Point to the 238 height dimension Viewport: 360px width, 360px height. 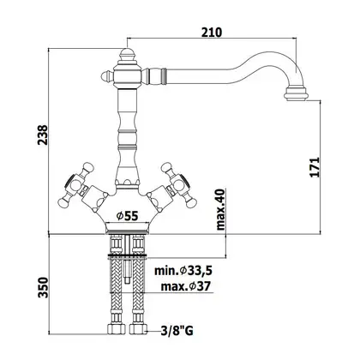(x=43, y=135)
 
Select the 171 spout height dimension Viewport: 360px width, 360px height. (x=315, y=167)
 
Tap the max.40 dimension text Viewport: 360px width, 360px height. (x=220, y=209)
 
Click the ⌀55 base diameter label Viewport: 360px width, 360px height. (x=127, y=216)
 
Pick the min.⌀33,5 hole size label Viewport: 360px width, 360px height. (x=183, y=271)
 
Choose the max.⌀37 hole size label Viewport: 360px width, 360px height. (x=186, y=286)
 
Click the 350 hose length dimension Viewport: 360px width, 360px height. (x=43, y=287)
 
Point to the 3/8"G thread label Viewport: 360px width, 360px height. (x=177, y=331)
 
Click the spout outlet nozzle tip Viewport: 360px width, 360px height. (x=297, y=94)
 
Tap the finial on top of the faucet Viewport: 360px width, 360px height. (x=127, y=55)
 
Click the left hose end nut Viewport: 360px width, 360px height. (x=117, y=329)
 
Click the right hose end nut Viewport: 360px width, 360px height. (x=138, y=329)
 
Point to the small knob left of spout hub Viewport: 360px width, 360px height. (x=107, y=76)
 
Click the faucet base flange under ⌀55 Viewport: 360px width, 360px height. (x=127, y=227)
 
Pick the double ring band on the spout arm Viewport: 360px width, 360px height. (x=163, y=76)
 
